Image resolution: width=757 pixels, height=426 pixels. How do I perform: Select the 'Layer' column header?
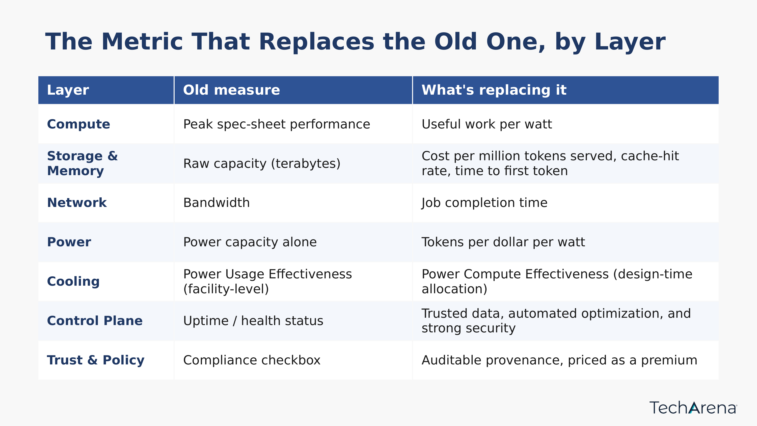coord(68,90)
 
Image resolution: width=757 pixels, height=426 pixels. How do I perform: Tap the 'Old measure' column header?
coord(232,90)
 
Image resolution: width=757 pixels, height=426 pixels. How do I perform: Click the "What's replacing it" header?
coord(494,90)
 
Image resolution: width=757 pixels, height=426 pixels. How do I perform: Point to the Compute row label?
coord(78,124)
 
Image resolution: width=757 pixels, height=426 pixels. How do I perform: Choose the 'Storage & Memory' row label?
coord(82,164)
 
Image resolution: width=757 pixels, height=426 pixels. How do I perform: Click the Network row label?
coord(77,203)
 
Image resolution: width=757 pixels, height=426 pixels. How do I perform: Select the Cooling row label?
coord(73,281)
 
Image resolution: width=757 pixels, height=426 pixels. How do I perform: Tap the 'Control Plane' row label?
coord(95,321)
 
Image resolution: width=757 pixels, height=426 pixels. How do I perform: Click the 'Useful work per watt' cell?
coord(487,124)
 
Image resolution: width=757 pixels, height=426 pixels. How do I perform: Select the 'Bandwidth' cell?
coord(216,203)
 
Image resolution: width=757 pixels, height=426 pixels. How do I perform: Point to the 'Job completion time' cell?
coord(484,203)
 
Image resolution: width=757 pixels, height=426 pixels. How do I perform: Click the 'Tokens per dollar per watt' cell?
coord(503,242)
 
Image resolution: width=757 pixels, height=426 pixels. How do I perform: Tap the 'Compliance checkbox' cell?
coord(252,360)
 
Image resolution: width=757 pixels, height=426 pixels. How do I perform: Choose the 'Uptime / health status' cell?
coord(253,321)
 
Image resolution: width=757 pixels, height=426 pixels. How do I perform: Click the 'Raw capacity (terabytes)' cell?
coord(261,164)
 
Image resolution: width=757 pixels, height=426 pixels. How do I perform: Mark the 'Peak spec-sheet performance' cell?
coord(277,124)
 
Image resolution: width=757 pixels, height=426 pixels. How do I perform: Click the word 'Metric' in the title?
coord(142,41)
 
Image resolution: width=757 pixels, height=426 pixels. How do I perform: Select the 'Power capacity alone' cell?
coord(250,242)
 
